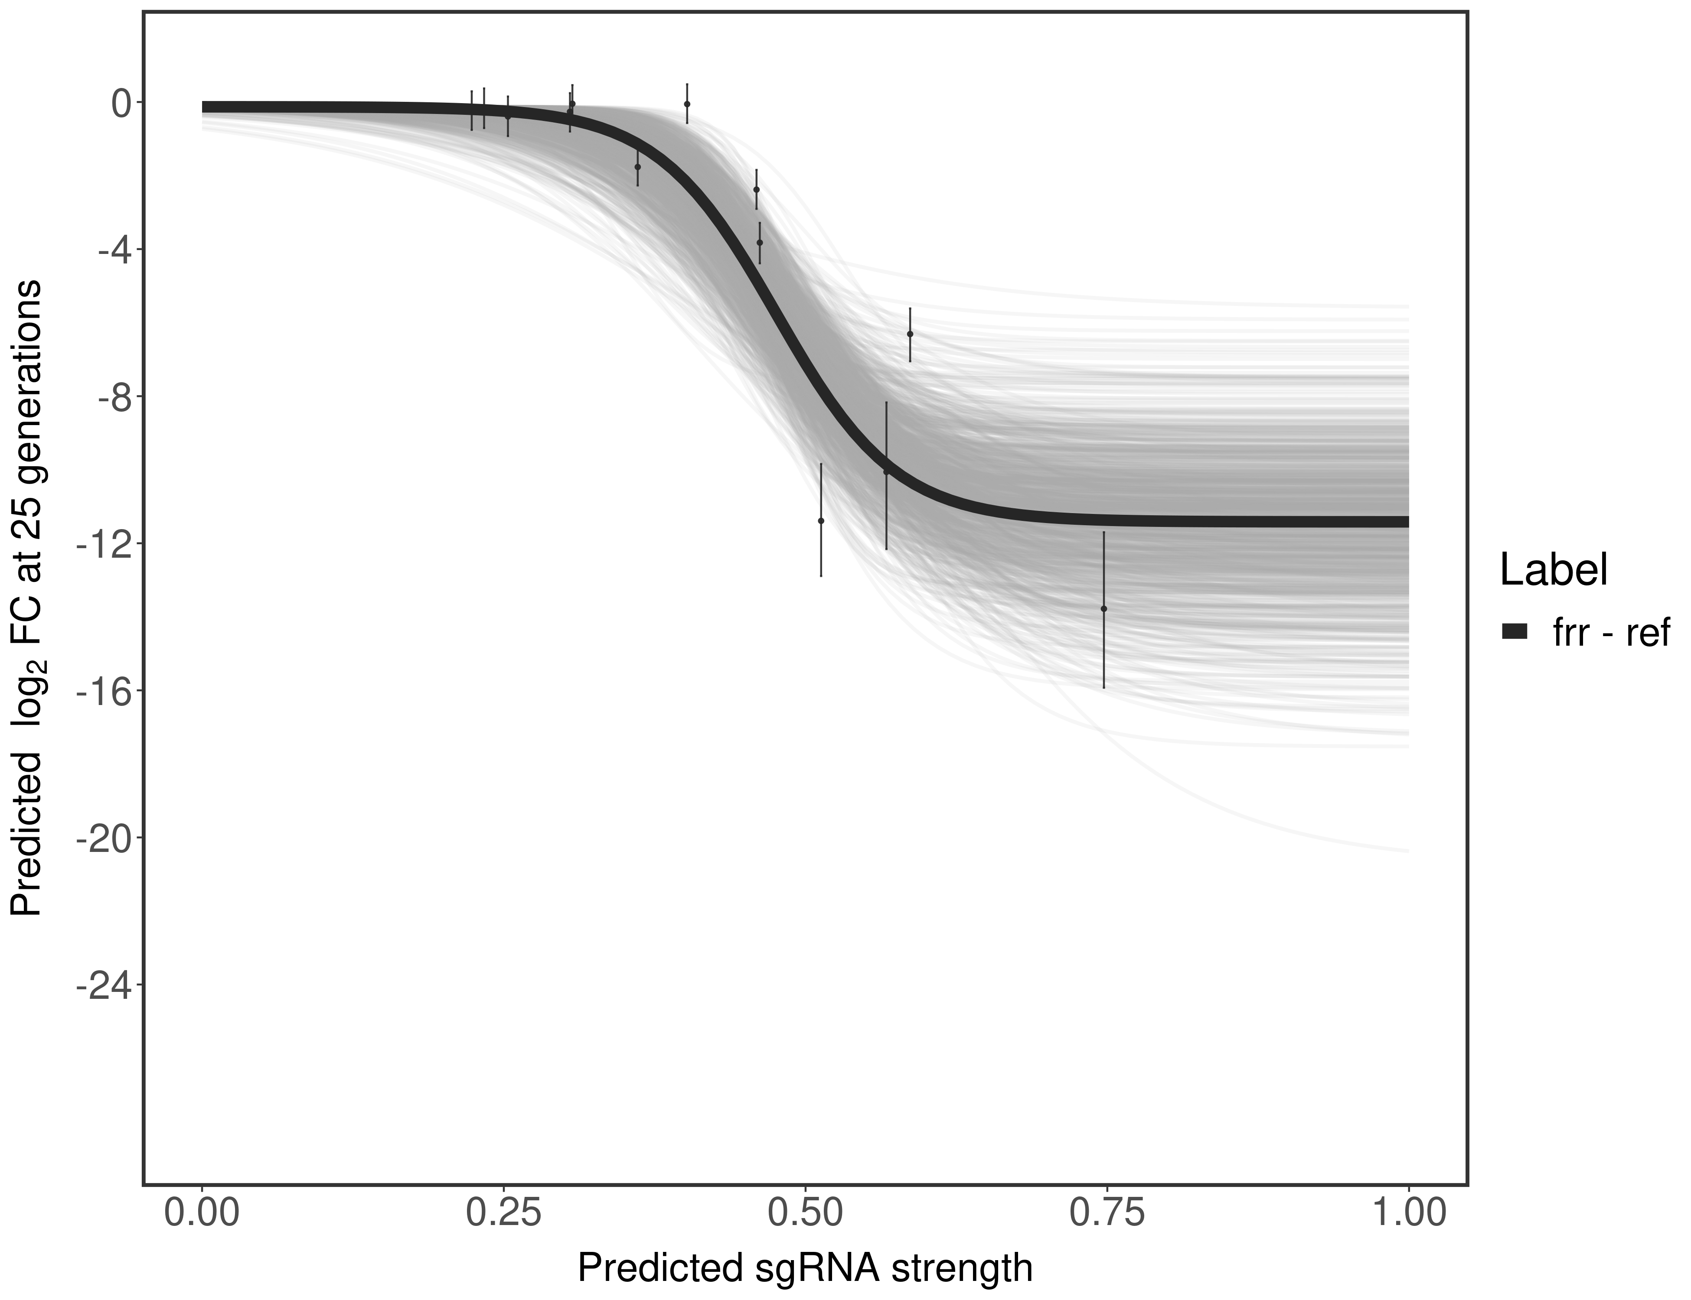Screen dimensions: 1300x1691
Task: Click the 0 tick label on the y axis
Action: (x=121, y=103)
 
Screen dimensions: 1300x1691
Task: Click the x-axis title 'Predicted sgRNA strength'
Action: (x=805, y=1270)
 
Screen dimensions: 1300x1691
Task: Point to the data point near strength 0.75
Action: (x=1103, y=609)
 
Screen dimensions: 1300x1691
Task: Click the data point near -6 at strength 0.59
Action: (x=910, y=334)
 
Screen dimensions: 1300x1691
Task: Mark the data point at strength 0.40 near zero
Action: (x=687, y=104)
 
